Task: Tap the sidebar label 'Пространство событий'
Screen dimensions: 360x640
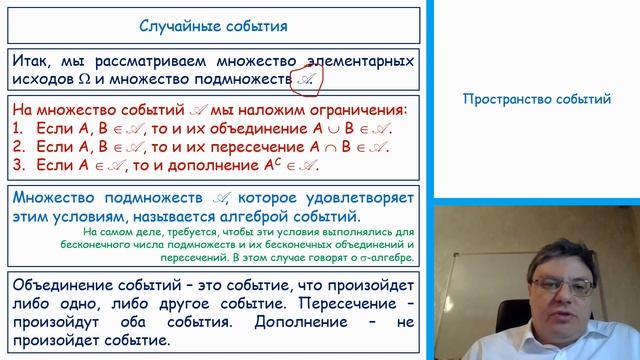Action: pos(527,99)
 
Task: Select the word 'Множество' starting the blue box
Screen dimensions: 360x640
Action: pos(60,198)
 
